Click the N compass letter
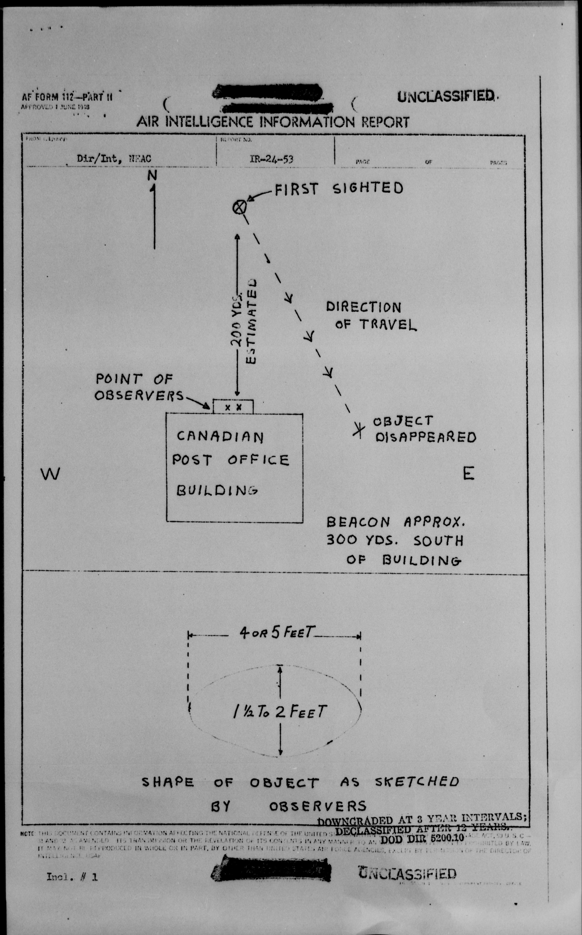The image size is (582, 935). click(152, 176)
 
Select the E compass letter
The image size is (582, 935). click(468, 473)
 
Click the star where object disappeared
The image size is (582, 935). click(359, 430)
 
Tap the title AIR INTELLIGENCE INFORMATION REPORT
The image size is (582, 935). click(273, 122)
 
